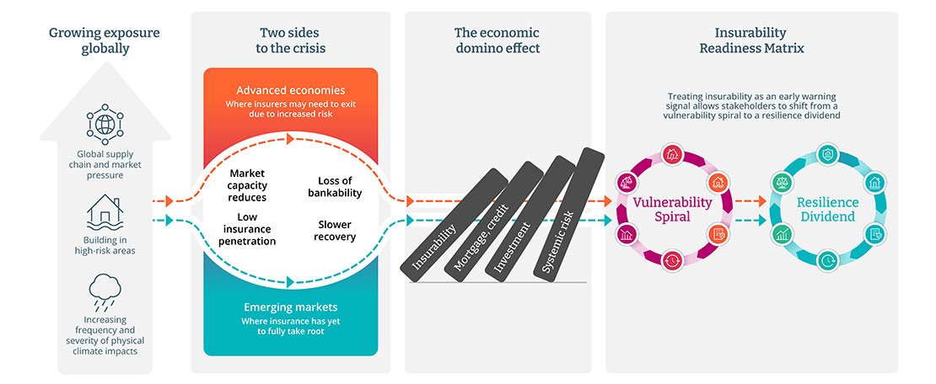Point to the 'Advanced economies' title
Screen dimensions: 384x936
pos(290,90)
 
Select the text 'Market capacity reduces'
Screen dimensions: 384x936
pos(247,184)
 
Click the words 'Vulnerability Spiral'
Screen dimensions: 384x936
pos(672,210)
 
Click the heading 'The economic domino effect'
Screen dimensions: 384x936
pos(497,40)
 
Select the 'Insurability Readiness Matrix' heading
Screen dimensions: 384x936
pos(751,40)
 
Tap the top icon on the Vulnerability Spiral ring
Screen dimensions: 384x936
pos(672,154)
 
